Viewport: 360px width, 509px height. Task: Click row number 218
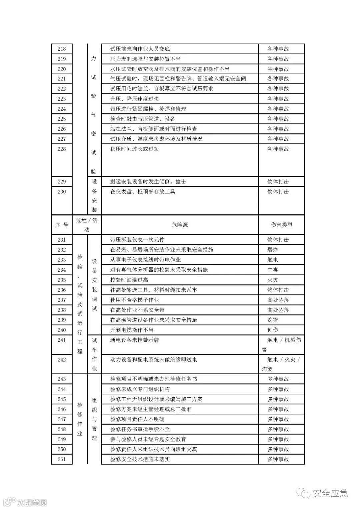point(62,49)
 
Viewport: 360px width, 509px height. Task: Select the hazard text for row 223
point(135,99)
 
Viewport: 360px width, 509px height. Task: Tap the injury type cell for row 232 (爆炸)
point(273,250)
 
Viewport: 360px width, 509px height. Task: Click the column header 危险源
point(180,225)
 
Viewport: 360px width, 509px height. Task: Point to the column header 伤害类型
point(281,225)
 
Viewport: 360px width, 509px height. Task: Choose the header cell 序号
point(62,225)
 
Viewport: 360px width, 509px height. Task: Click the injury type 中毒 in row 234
point(273,270)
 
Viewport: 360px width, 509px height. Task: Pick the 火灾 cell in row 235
point(273,280)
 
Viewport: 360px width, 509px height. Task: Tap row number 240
point(62,330)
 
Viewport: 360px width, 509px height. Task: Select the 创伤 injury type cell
point(273,330)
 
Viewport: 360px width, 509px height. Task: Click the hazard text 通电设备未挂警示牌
point(135,340)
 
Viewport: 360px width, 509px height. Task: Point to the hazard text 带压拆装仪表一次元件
point(137,240)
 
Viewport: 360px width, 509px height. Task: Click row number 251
point(62,459)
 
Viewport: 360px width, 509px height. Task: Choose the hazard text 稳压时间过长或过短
point(135,149)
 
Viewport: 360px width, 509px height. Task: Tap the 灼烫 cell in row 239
point(273,320)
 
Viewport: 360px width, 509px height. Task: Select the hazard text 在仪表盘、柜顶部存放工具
point(143,192)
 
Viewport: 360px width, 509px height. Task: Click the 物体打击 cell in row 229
point(278,182)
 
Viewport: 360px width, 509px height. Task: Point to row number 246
point(62,409)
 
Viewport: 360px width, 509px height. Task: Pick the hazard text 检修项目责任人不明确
point(137,419)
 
